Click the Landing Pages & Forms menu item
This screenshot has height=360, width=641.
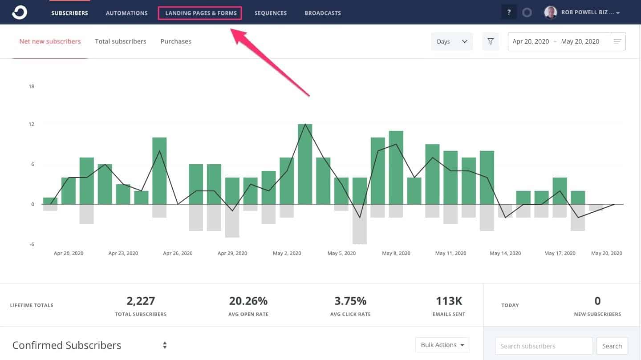click(x=201, y=13)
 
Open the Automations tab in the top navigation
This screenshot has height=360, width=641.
click(x=126, y=13)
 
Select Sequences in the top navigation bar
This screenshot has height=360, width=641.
click(x=271, y=13)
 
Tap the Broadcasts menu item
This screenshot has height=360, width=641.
click(x=323, y=13)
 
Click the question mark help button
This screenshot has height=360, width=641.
click(x=509, y=12)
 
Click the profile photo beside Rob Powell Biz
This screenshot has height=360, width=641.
click(x=551, y=12)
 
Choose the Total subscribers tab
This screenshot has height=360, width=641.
click(x=121, y=41)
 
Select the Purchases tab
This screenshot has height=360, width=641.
click(x=176, y=41)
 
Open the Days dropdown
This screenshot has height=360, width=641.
click(x=451, y=41)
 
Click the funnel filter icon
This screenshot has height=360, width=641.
click(x=491, y=41)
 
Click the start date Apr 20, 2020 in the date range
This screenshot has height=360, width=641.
click(x=531, y=41)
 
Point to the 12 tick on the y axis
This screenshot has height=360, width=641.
click(x=31, y=124)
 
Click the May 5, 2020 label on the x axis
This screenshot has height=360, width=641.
click(x=341, y=253)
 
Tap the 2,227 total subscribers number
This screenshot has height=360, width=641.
click(x=141, y=301)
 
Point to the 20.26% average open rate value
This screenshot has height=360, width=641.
click(x=248, y=301)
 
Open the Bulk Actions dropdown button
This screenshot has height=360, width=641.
click(x=442, y=345)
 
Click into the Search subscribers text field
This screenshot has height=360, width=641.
click(x=544, y=346)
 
